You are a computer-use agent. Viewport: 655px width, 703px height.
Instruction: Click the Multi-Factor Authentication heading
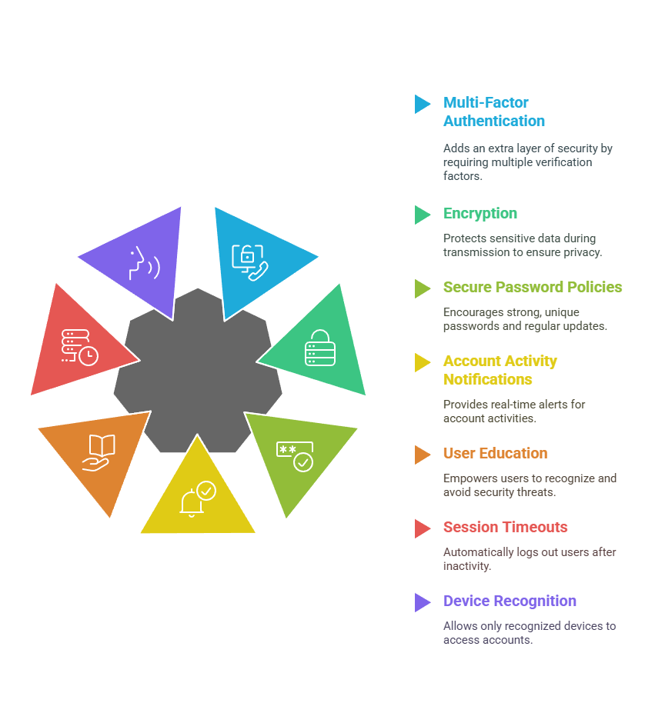493,112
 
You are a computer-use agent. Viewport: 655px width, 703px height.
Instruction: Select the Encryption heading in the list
480,214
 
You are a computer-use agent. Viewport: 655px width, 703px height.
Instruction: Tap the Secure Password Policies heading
533,288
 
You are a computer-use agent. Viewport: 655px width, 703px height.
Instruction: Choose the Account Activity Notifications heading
500,370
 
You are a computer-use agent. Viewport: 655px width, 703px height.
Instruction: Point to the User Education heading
495,454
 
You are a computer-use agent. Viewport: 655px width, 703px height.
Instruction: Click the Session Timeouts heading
505,528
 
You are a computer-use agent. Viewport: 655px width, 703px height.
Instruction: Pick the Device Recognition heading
510,601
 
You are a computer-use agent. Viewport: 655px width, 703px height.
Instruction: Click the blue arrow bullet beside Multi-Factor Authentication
422,104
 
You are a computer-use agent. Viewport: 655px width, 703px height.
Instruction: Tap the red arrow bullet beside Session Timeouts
422,528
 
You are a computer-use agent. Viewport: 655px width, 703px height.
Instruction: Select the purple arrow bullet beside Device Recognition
422,602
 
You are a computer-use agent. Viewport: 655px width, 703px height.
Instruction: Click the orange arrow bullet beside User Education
422,455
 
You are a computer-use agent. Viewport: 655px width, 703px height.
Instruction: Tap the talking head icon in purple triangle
144,263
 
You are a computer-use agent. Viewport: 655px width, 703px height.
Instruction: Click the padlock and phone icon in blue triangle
250,262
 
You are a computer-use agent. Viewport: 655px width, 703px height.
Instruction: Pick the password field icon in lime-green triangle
295,455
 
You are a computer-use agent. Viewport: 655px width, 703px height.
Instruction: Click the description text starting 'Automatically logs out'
529,559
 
